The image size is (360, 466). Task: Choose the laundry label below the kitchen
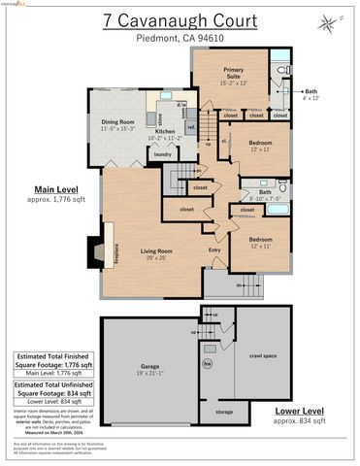tap(162, 153)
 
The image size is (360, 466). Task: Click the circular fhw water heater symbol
tap(207, 365)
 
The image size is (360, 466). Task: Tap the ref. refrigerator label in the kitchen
tap(191, 126)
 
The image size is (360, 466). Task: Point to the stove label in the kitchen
tap(159, 119)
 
